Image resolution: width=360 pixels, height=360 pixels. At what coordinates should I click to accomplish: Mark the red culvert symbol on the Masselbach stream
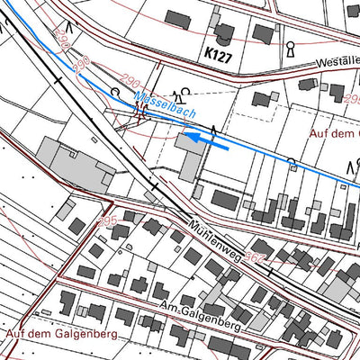click(x=140, y=112)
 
